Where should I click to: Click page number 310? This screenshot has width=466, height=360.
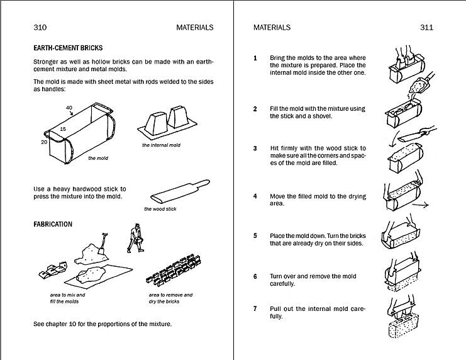(x=40, y=27)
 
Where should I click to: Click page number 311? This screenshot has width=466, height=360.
(x=426, y=27)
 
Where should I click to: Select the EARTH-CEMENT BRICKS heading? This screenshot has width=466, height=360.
(x=68, y=48)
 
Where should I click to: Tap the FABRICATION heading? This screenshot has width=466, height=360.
(x=53, y=224)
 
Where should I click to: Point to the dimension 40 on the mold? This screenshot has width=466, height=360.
(x=69, y=108)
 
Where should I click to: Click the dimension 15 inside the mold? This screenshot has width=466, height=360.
(x=63, y=128)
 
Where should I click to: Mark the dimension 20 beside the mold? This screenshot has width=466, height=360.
(x=43, y=142)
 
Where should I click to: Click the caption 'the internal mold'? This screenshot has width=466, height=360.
(x=161, y=145)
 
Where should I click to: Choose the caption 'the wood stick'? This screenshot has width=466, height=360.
(x=160, y=209)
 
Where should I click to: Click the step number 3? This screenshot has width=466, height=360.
(x=255, y=149)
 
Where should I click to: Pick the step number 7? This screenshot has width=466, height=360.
(x=255, y=309)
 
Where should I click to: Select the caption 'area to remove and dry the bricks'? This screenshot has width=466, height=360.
(x=170, y=298)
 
